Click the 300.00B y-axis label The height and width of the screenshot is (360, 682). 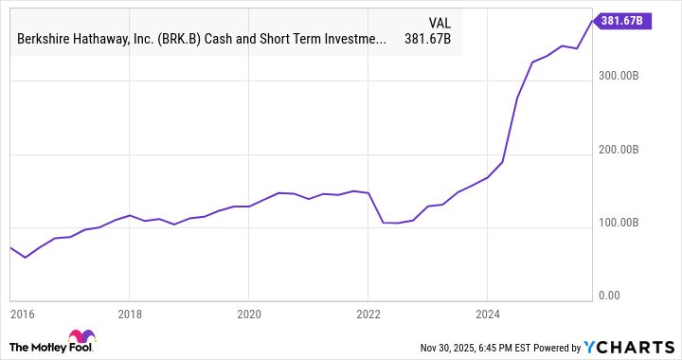pos(627,75)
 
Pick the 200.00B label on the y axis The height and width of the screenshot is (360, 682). pos(627,150)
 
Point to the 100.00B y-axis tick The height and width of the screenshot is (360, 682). pos(627,224)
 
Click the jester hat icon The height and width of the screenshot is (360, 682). pos(81,338)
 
